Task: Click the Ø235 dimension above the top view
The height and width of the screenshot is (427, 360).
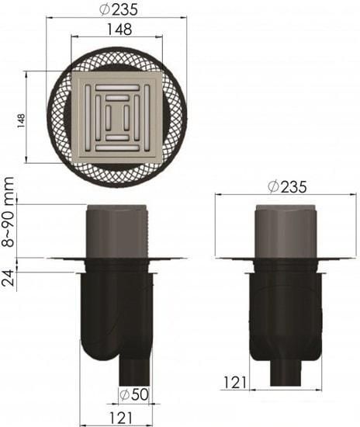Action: (119, 10)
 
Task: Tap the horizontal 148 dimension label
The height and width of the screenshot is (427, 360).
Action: (119, 30)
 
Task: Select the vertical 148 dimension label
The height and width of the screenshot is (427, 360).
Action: (21, 120)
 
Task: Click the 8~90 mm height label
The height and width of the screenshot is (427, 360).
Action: (9, 212)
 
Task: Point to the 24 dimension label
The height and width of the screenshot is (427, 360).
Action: (9, 277)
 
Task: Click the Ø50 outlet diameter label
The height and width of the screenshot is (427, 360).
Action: (134, 394)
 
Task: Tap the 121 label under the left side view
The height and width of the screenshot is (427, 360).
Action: (120, 418)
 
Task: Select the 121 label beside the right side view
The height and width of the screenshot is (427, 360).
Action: (235, 382)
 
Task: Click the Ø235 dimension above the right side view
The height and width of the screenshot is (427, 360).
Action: (287, 186)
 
